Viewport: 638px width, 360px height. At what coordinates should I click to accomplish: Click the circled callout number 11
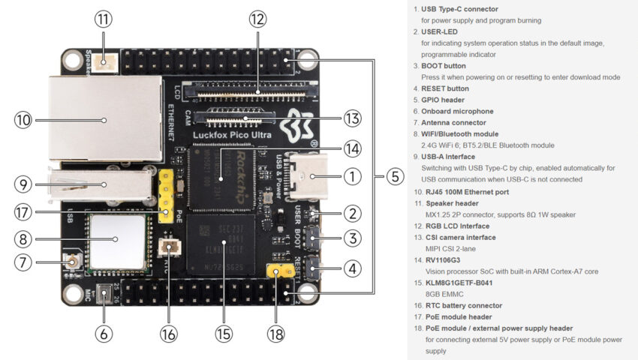pyautogui.click(x=103, y=18)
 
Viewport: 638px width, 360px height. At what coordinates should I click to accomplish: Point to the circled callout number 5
pyautogui.click(x=395, y=178)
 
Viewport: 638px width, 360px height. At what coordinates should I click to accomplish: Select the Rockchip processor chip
pyautogui.click(x=223, y=175)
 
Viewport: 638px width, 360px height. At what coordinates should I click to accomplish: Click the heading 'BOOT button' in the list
pyautogui.click(x=445, y=66)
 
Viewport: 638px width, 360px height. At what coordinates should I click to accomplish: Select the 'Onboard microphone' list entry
pyautogui.click(x=453, y=111)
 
